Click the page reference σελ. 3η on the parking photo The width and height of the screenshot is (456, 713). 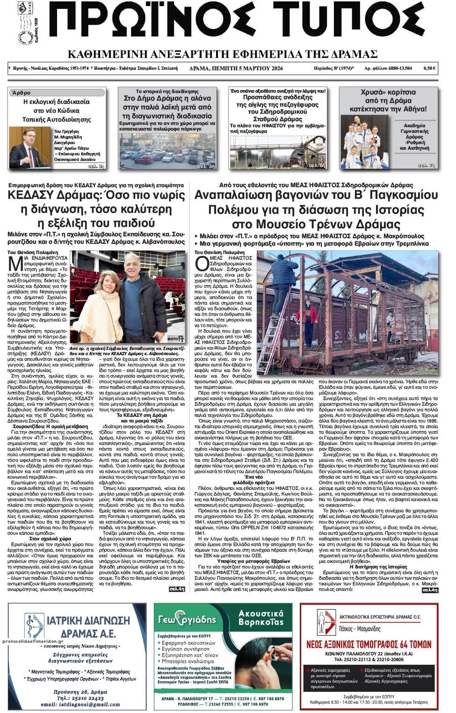pos(206,166)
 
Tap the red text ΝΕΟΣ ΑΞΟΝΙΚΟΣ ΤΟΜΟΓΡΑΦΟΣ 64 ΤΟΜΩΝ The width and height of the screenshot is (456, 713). pos(369,644)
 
